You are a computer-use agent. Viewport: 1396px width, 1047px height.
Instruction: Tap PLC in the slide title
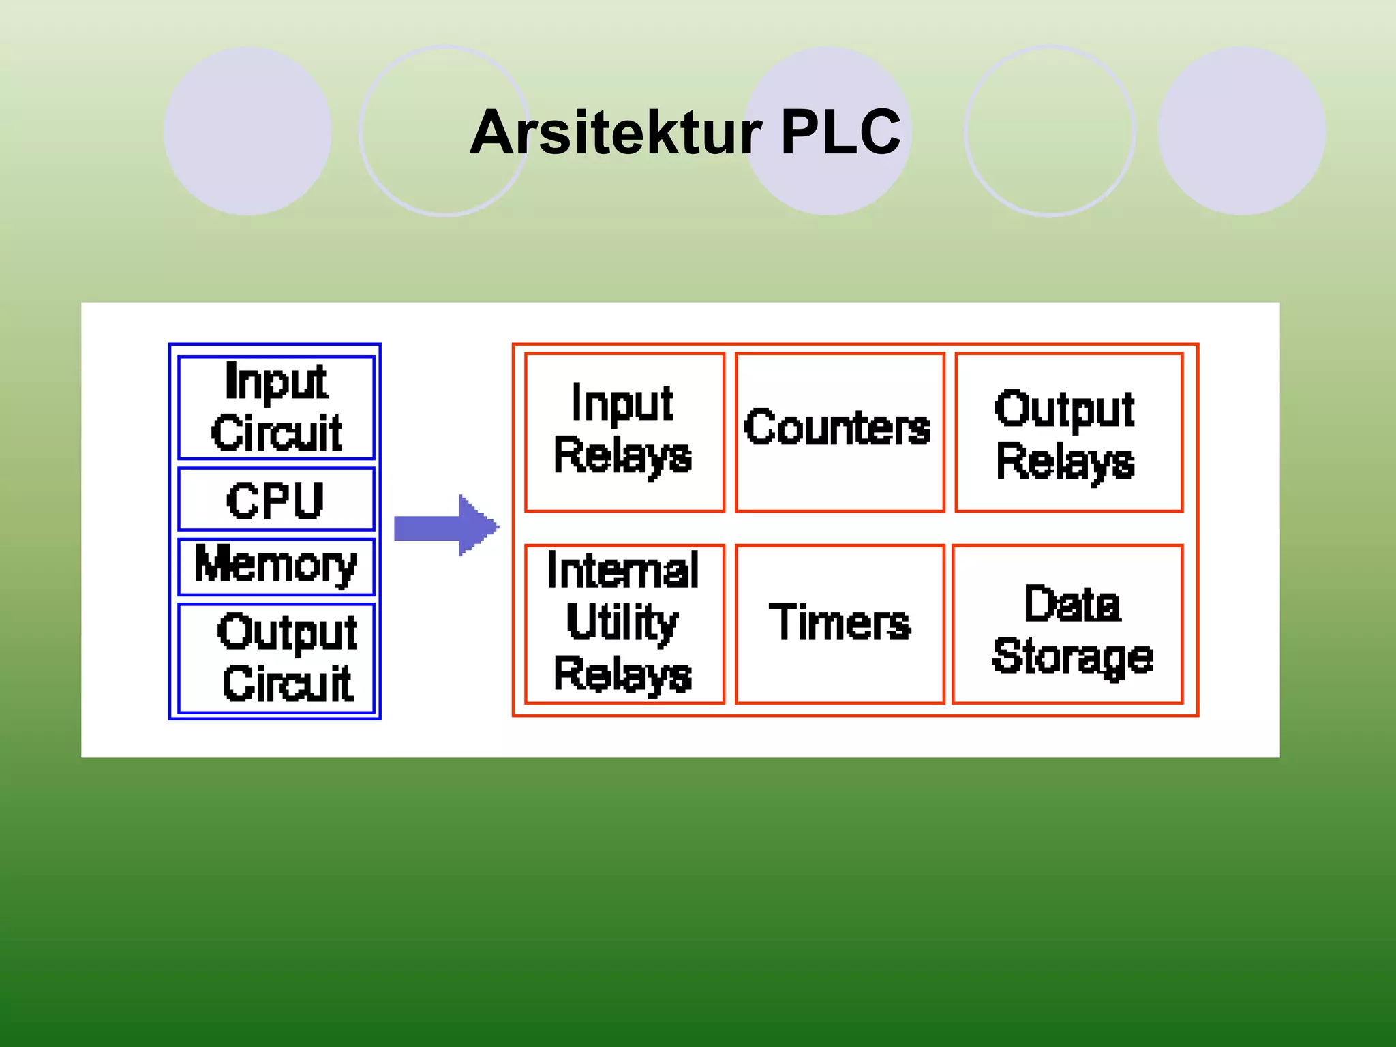pos(840,132)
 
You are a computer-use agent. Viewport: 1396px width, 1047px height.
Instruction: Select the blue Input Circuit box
pos(276,407)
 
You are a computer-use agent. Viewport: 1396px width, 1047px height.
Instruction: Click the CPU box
pos(276,500)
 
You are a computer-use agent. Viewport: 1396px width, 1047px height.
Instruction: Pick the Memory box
pos(276,566)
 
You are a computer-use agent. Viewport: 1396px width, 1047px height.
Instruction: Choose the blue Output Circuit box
pos(276,658)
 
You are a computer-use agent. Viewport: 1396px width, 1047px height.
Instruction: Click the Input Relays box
pos(624,431)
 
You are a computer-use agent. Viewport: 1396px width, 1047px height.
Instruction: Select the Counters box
pos(839,431)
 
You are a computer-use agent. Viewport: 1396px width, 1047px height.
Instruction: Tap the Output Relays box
pos(1068,431)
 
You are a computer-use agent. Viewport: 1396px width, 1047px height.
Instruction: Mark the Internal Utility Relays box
pos(624,624)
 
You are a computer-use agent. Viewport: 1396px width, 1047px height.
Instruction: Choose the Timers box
pos(839,624)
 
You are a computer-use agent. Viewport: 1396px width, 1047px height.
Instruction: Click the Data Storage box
pos(1068,624)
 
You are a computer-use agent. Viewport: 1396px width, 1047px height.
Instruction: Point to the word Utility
pos(622,622)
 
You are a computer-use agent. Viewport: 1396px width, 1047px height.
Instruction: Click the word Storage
pos(1072,656)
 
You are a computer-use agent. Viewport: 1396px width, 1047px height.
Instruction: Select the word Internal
pos(622,570)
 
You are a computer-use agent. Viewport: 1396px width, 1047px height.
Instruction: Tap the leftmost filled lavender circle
pos(247,131)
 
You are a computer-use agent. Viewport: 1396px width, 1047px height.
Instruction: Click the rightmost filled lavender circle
pos(1241,131)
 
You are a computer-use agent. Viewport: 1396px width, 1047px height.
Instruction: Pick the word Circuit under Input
pos(276,433)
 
